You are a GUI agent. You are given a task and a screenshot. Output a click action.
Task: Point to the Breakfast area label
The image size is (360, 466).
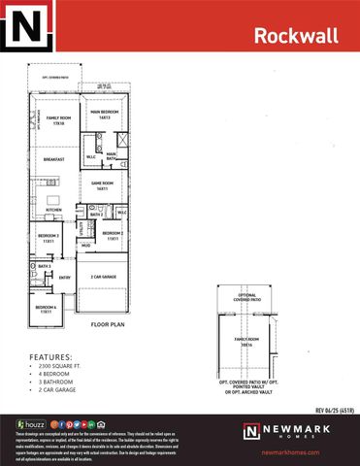[x=56, y=161]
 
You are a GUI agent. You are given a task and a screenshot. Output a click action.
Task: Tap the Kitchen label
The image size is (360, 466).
[x=53, y=209]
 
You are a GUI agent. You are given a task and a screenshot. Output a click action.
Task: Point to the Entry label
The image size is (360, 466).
[x=65, y=278]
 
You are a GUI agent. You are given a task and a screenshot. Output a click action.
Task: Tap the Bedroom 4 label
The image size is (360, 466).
[x=46, y=310]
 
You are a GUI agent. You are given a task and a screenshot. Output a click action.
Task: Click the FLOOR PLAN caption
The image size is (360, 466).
[x=105, y=325]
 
